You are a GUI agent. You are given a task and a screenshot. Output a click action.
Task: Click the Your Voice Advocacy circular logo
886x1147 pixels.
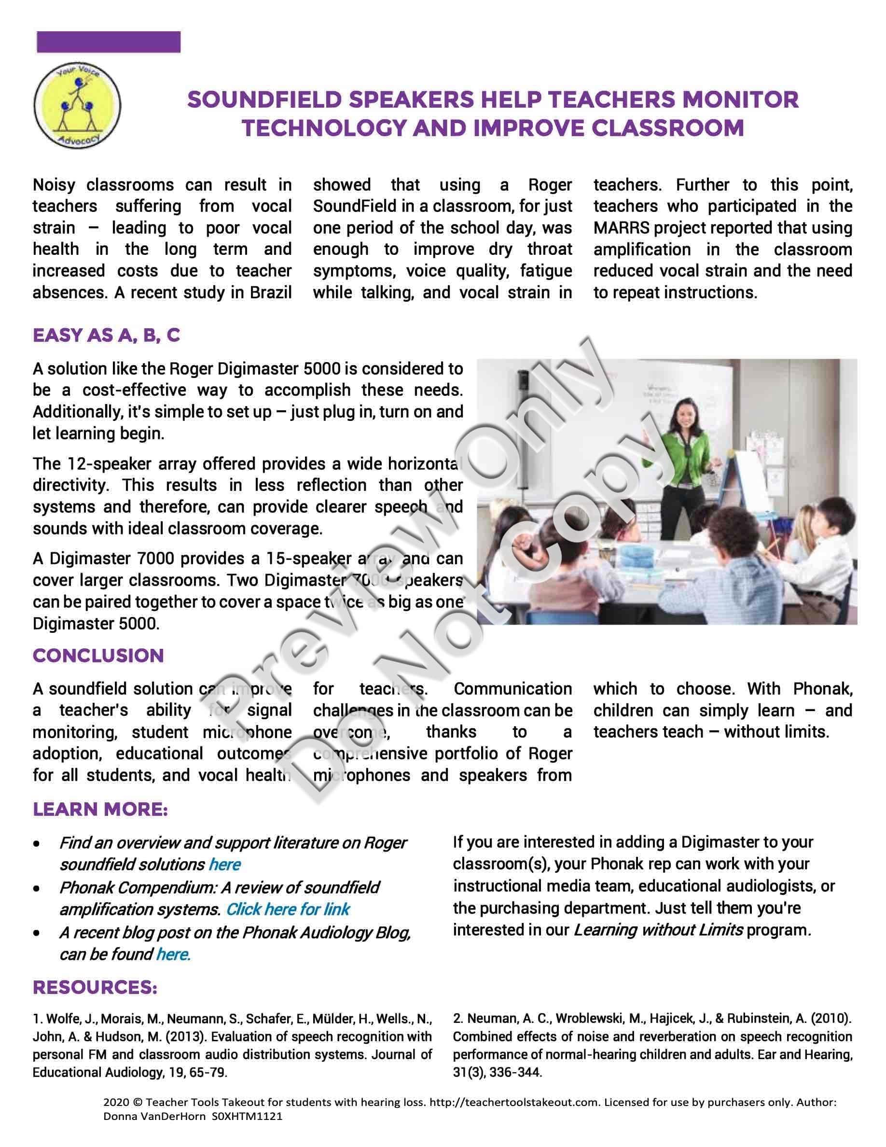[x=77, y=104]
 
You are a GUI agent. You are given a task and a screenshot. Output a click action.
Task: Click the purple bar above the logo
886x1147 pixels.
[x=109, y=42]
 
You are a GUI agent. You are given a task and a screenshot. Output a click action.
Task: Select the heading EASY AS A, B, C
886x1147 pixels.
[x=106, y=335]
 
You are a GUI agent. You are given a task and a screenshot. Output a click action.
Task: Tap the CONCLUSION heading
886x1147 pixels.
[x=98, y=656]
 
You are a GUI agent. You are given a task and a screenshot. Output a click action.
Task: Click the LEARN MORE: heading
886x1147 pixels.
[x=100, y=809]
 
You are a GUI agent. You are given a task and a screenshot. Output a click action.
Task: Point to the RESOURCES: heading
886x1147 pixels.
[x=95, y=987]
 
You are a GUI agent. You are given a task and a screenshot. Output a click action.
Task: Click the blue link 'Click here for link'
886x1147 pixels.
[x=288, y=909]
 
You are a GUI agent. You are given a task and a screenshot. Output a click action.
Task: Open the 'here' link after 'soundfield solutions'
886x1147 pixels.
[x=225, y=864]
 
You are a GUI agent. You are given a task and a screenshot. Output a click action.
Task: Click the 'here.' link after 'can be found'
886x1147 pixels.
[x=173, y=954]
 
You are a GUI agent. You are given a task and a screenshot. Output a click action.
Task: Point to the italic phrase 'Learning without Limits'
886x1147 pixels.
[x=658, y=930]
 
